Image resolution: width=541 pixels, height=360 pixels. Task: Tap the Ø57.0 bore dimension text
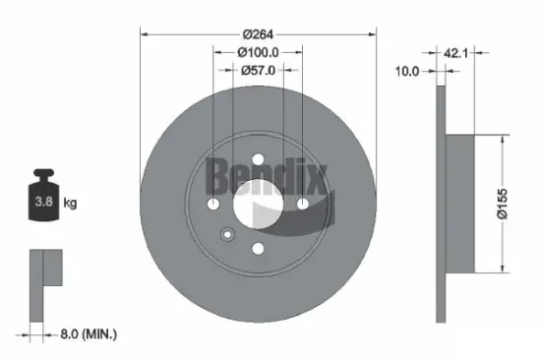click(257, 70)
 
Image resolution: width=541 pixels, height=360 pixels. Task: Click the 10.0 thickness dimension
click(406, 70)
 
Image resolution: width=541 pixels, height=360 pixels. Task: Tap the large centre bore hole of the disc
click(258, 204)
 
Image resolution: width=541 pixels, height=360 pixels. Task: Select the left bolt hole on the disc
click(213, 204)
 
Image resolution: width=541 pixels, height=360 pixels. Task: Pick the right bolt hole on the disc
click(302, 204)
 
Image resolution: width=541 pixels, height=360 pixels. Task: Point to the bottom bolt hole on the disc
click(258, 248)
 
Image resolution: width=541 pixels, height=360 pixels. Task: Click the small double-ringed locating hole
click(226, 235)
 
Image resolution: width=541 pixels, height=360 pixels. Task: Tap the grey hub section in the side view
click(460, 203)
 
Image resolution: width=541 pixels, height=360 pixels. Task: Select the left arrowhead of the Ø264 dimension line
click(146, 33)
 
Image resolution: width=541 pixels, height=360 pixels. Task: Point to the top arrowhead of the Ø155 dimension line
click(505, 138)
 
